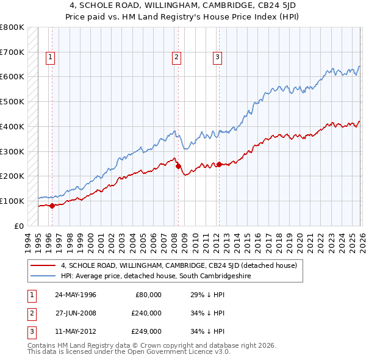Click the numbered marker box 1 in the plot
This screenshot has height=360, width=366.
(49, 58)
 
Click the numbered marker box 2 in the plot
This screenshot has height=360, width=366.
(176, 58)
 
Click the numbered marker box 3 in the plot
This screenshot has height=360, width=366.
(217, 58)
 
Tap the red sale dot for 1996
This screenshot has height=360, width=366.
(52, 206)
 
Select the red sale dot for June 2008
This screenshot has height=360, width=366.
(178, 166)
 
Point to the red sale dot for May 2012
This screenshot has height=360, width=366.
(219, 164)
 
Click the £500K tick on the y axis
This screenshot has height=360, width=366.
(12, 102)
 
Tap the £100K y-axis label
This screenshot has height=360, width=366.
(12, 201)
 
